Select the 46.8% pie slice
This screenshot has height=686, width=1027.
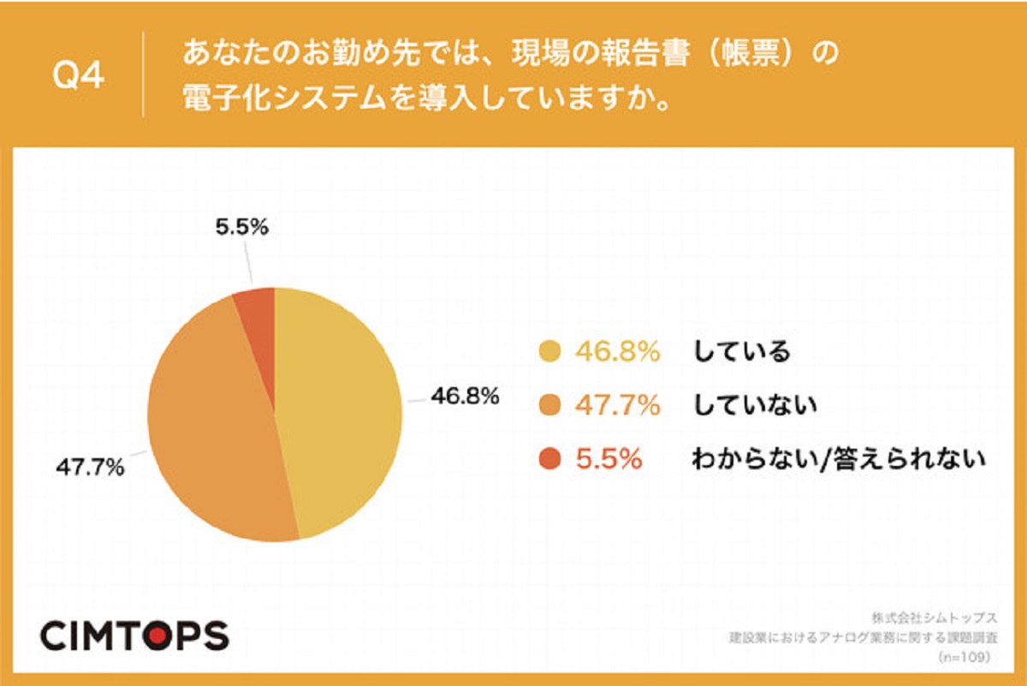click(342, 411)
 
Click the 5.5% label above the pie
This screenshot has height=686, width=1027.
click(241, 228)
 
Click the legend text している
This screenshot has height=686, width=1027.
click(741, 351)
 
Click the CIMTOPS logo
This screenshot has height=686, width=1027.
click(135, 635)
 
